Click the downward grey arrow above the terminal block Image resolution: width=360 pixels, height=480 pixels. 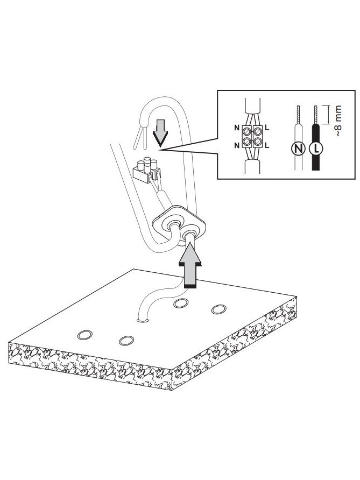click(160, 133)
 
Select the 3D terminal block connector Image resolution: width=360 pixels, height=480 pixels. click(147, 170)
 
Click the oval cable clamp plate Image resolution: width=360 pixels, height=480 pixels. click(179, 225)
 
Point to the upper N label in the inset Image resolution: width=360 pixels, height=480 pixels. click(237, 128)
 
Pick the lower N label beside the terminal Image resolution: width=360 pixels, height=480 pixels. click(237, 146)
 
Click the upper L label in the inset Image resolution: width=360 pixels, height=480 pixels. click(267, 128)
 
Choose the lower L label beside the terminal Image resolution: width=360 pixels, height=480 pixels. click(267, 146)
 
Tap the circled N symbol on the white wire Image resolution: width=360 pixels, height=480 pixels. click(299, 149)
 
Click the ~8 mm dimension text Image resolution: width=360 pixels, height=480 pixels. click(337, 121)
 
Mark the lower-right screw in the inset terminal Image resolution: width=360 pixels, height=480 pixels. click(258, 142)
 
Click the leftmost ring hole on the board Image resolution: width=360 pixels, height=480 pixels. click(85, 335)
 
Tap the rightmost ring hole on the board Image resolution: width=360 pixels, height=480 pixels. click(219, 309)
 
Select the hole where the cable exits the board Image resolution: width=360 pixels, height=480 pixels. click(143, 321)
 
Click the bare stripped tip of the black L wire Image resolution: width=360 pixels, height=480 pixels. click(316, 115)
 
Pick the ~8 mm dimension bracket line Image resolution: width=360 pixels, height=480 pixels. click(328, 115)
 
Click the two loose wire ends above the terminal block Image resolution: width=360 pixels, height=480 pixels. click(140, 138)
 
